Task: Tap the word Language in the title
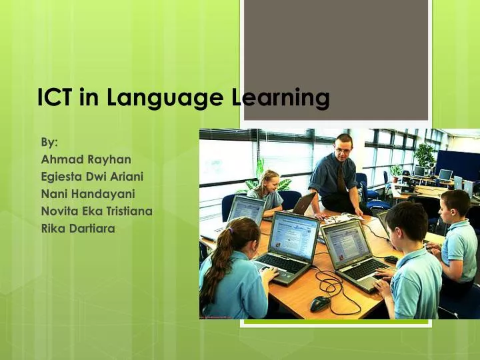160,98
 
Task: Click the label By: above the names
49,142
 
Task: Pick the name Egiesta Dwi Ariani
93,177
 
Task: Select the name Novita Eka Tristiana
97,211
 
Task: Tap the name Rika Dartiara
78,229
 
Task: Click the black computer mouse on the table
320,303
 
